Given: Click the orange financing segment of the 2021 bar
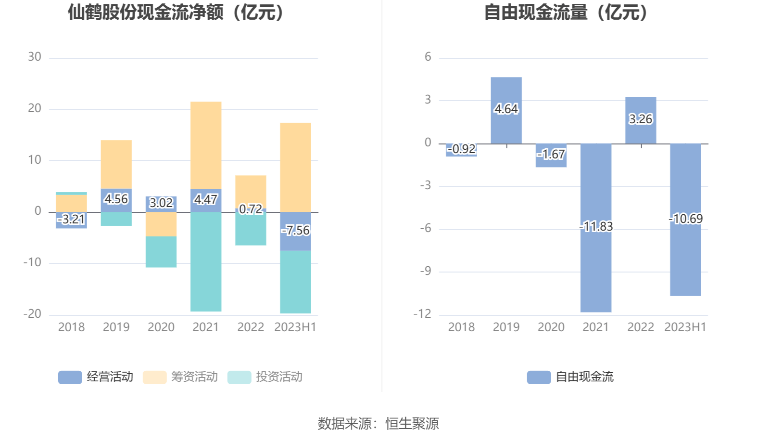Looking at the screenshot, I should coord(206,144).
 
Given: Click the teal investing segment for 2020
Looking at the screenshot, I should coord(161,251).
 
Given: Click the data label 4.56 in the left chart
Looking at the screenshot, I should coord(116,199).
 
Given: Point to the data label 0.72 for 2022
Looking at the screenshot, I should coord(251,209).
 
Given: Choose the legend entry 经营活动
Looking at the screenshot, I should coord(96,377).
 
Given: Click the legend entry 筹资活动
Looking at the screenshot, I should coord(181,377).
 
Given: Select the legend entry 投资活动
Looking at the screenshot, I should coord(265,377).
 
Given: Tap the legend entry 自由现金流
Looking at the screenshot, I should coord(571,377).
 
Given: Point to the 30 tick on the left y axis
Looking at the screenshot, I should coord(35,57).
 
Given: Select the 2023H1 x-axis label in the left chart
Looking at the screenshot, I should coord(295,327).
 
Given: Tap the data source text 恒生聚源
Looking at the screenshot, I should coord(412,424).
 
